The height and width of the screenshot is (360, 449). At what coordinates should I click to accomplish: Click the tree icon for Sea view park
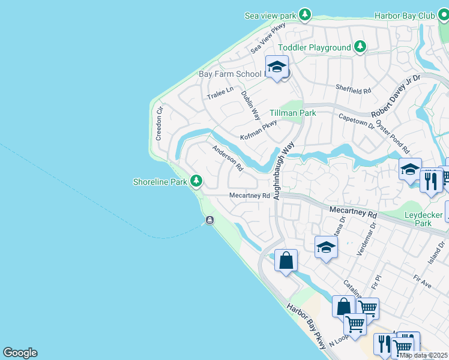click(x=305, y=14)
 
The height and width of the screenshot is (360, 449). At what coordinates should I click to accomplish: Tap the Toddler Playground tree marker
click(x=360, y=47)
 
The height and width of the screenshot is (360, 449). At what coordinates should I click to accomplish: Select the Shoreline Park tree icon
click(x=196, y=180)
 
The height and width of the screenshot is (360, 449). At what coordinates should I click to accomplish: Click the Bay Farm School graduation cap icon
click(x=277, y=67)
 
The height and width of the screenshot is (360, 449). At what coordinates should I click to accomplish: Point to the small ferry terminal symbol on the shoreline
click(x=209, y=220)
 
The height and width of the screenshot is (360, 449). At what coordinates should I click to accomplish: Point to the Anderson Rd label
click(x=227, y=158)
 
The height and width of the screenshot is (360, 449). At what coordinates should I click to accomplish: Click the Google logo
click(x=20, y=353)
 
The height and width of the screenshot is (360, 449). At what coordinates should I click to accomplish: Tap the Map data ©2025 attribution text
click(x=423, y=355)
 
